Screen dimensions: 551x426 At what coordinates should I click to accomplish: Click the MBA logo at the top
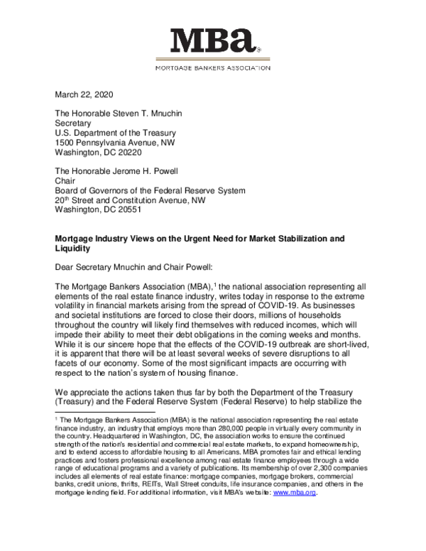click(x=213, y=42)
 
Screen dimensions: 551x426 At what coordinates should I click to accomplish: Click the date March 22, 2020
click(x=84, y=94)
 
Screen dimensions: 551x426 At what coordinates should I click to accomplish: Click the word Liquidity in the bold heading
click(x=74, y=249)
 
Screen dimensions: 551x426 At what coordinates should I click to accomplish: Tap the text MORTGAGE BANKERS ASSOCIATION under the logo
click(x=213, y=68)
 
